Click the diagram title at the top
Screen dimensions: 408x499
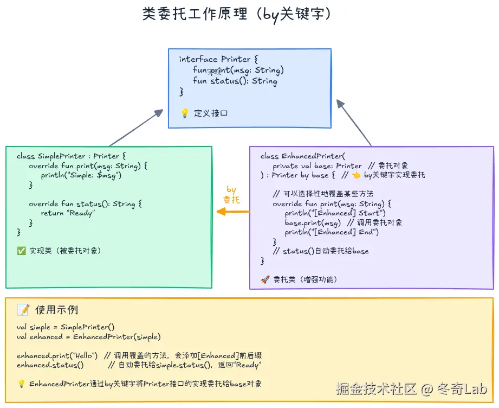(237, 14)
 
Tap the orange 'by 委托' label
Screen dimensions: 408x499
(231, 194)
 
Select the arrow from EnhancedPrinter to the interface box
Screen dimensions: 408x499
(354, 123)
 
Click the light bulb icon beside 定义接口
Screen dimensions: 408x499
(184, 113)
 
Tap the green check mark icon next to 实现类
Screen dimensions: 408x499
(21, 251)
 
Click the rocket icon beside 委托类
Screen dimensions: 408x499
(265, 279)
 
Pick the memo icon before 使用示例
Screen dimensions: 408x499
(23, 310)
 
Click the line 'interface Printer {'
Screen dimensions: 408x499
(219, 59)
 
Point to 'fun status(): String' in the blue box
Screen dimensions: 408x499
(235, 81)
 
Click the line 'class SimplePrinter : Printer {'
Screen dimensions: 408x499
(71, 156)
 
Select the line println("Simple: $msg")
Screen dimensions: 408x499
(81, 175)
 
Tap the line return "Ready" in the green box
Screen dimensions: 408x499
(68, 213)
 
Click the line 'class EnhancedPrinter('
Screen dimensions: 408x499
(302, 156)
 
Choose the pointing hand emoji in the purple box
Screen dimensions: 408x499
(356, 175)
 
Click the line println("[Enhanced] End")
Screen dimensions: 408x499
(332, 232)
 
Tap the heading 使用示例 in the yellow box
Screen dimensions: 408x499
(56, 310)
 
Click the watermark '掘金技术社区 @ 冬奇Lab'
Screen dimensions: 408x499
(411, 389)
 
